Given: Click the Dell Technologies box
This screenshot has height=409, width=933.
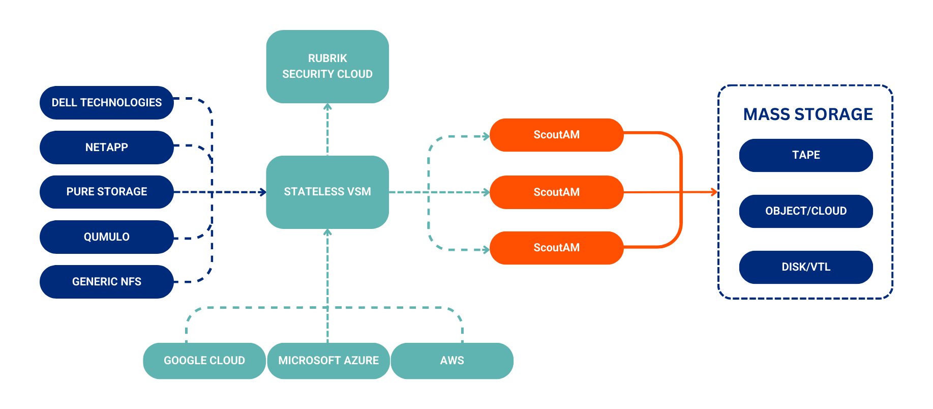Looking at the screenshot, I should tap(107, 103).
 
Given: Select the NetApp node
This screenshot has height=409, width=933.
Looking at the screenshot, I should tap(107, 148).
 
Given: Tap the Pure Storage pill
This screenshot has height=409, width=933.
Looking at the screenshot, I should tap(107, 192).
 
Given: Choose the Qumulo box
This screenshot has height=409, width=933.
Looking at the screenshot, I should tap(107, 237).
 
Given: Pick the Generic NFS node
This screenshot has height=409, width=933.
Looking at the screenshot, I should tap(107, 282).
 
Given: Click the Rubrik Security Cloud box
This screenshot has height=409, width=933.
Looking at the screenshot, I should tap(327, 67).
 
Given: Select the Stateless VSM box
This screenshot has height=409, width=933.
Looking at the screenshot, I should tap(327, 192).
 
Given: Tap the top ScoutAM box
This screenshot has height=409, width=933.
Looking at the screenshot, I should tap(556, 135).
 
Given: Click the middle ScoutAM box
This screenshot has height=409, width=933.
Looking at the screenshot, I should tap(556, 192).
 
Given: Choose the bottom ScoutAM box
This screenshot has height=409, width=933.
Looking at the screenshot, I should tap(556, 248).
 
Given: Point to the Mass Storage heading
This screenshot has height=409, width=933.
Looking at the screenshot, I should tap(807, 114).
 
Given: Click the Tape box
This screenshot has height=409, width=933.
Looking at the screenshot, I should tap(806, 155).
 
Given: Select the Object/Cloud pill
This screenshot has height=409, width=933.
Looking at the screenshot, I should tap(806, 211).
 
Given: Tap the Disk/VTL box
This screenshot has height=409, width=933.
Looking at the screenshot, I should tap(806, 267).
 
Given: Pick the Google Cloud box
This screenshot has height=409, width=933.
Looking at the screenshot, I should tap(204, 361).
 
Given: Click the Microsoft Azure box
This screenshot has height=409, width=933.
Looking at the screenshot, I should tap(328, 361).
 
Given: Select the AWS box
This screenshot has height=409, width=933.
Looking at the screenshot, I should tap(452, 361).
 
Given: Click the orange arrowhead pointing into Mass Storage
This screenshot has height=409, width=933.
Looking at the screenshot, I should tap(714, 192).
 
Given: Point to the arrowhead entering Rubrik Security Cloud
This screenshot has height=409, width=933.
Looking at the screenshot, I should tap(327, 107).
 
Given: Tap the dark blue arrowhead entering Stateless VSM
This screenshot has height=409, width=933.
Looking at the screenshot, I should tap(263, 192).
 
